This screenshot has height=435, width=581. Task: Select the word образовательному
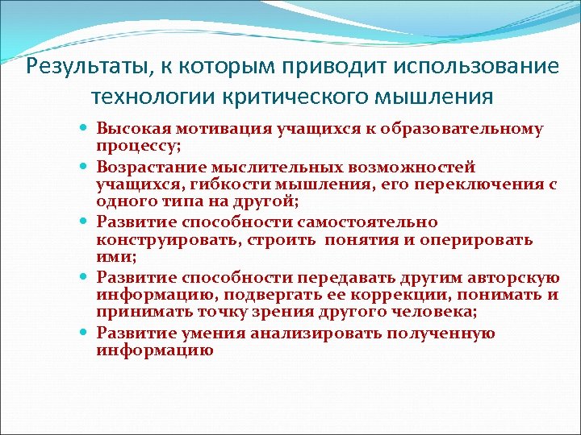(475, 129)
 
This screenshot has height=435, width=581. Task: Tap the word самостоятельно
(376, 222)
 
